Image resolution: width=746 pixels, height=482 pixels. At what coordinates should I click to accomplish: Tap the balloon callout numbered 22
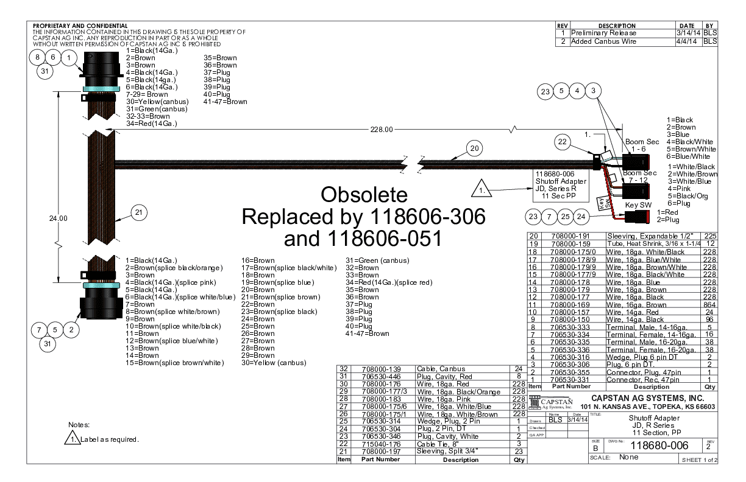click(x=563, y=142)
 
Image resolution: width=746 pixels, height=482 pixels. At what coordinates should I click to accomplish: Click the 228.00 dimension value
click(x=382, y=129)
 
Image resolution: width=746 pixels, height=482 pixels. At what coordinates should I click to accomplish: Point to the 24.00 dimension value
click(x=59, y=217)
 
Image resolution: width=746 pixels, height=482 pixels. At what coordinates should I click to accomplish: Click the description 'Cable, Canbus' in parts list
click(x=437, y=369)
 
